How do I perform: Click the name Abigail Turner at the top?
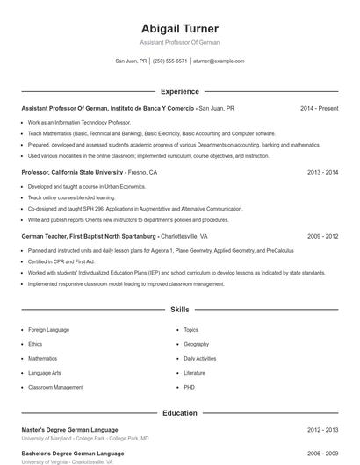[179, 29]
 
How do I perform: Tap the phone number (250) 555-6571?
[169, 61]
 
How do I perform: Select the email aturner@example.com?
[218, 61]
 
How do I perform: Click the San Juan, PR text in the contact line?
[131, 61]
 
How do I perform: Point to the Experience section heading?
[179, 91]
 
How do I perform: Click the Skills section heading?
[179, 310]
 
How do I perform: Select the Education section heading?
[179, 413]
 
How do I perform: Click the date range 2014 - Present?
[319, 108]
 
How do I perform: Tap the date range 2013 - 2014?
[322, 173]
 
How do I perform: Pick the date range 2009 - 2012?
[322, 237]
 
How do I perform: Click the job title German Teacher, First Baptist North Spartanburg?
[89, 237]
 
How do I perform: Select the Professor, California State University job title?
[73, 173]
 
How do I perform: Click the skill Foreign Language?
[48, 330]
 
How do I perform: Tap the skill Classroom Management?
[55, 387]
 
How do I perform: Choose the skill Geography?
[196, 344]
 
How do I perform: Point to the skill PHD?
[189, 387]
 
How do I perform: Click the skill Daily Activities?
[199, 358]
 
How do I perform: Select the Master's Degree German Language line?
[69, 430]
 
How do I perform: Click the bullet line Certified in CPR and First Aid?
[61, 261]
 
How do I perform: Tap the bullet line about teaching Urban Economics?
[86, 187]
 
